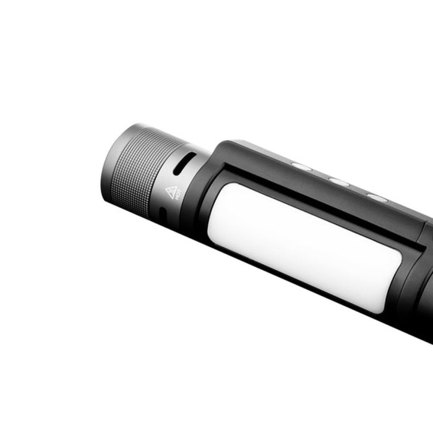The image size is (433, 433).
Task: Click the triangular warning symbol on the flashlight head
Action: (171, 191)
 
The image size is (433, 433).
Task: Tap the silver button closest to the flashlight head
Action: (301, 166)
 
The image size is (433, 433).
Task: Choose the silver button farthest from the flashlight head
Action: (377, 197)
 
